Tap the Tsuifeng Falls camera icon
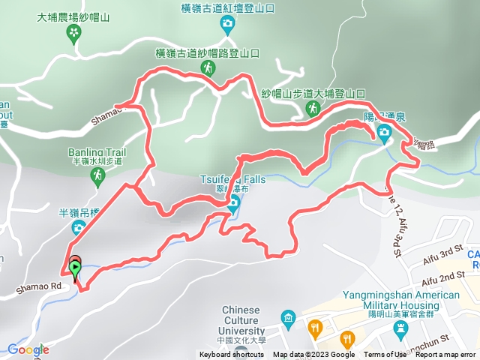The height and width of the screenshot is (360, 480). (233, 203)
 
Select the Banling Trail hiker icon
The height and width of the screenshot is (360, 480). (97, 175)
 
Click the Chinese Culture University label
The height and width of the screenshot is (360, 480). (241, 320)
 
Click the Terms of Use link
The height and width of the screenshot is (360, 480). (385, 355)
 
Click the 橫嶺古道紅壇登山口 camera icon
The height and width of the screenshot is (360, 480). (226, 25)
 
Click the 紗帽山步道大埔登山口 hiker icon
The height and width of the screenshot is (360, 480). (313, 109)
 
